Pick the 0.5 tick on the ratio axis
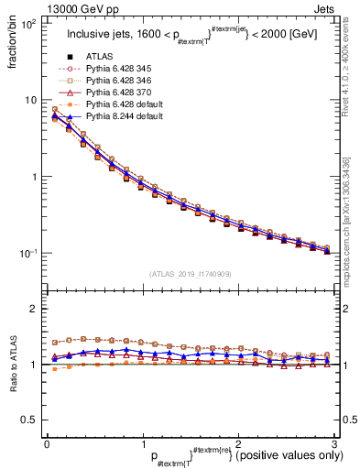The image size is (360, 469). [x=31, y=420]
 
